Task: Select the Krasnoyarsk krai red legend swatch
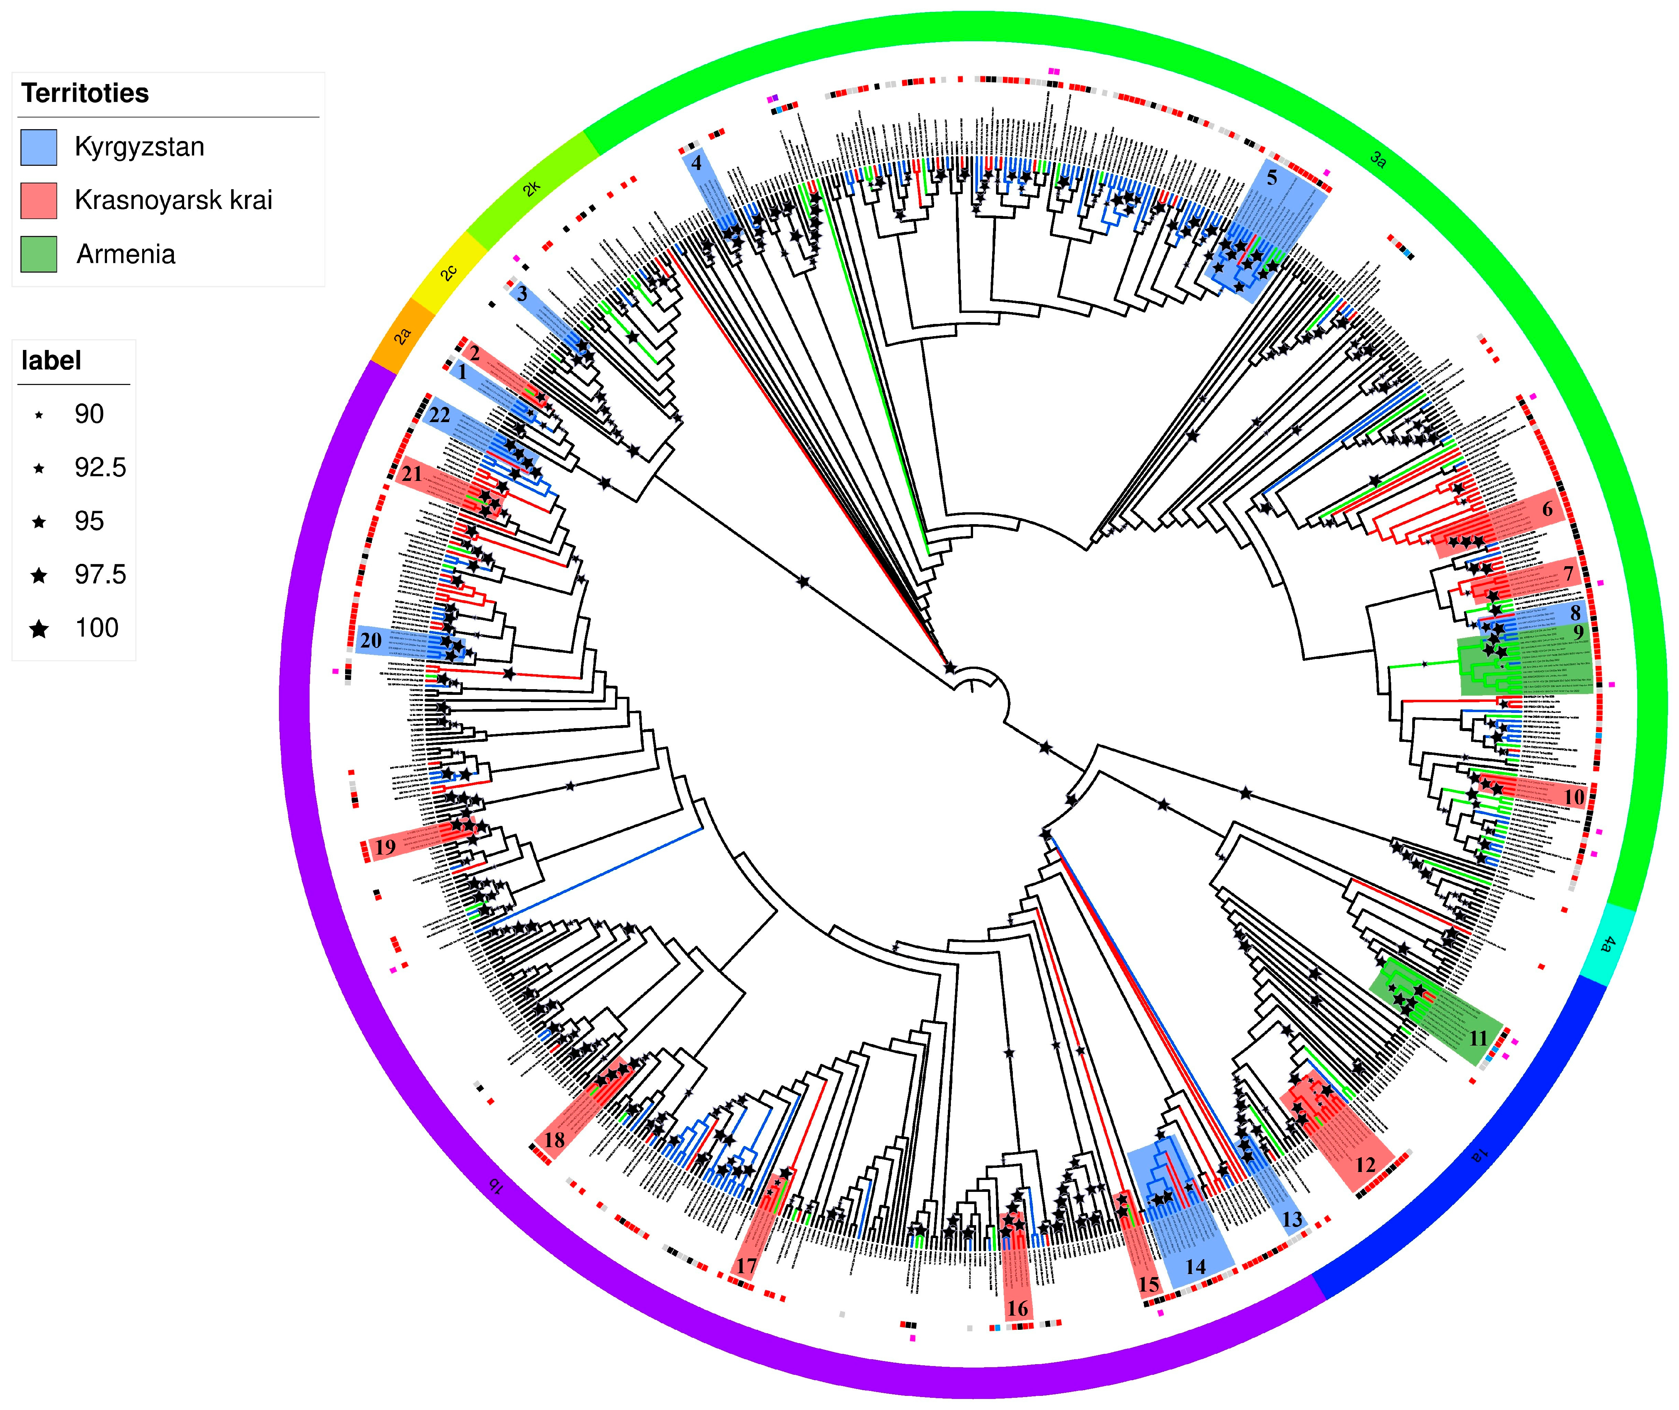pyautogui.click(x=38, y=201)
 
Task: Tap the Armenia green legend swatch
pyautogui.click(x=38, y=254)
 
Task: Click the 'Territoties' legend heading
pyautogui.click(x=85, y=94)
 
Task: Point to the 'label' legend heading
pyautogui.click(x=51, y=361)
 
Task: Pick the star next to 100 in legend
pyautogui.click(x=38, y=629)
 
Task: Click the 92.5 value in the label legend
pyautogui.click(x=100, y=468)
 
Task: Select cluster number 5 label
pyautogui.click(x=1272, y=178)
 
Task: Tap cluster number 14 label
pyautogui.click(x=1195, y=1267)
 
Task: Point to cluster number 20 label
pyautogui.click(x=370, y=640)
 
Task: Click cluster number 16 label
pyautogui.click(x=1017, y=1308)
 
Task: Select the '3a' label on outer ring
pyautogui.click(x=1377, y=159)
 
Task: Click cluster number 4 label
pyautogui.click(x=696, y=163)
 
